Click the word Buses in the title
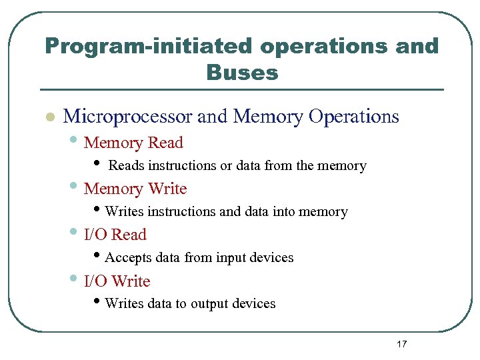pyautogui.click(x=242, y=71)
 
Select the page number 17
pyautogui.click(x=401, y=344)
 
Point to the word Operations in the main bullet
pyautogui.click(x=354, y=117)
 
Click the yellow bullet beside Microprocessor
pyautogui.click(x=49, y=117)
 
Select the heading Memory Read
pyautogui.click(x=133, y=143)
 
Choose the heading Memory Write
pyautogui.click(x=135, y=189)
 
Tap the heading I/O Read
pyautogui.click(x=115, y=235)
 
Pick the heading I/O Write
pyautogui.click(x=117, y=281)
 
